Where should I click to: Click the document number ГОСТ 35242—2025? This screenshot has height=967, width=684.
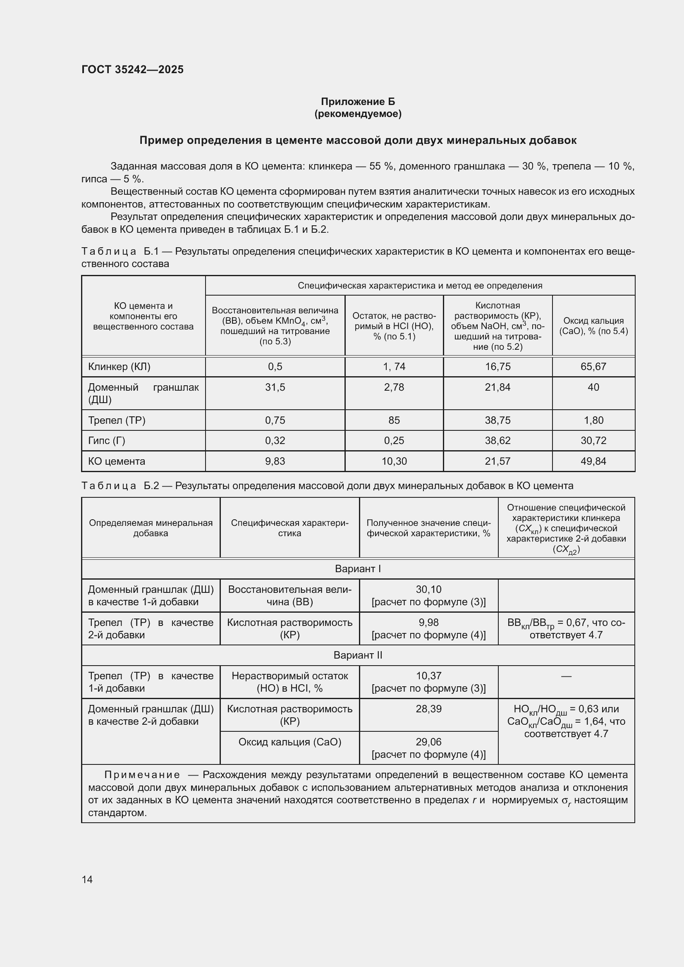coord(133,69)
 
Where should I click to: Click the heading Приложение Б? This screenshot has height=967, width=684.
coord(358,102)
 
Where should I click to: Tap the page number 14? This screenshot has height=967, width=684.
coord(87,879)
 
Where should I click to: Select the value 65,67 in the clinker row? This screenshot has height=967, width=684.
coord(593,366)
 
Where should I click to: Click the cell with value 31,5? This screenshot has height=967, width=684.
coord(275,387)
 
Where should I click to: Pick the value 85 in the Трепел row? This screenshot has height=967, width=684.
coord(394,420)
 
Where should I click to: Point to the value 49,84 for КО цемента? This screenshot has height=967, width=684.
coord(593,461)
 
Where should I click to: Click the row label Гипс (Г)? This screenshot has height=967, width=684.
coord(107,441)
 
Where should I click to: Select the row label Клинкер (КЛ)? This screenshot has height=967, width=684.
coord(119,366)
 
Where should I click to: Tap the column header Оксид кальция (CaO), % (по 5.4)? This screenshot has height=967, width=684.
coord(593,325)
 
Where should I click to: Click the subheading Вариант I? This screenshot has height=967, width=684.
coord(358,568)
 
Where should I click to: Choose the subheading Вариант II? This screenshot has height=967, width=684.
coord(358,655)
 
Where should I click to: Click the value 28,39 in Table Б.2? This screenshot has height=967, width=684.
coord(428,709)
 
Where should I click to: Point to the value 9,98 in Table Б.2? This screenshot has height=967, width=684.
coord(428,623)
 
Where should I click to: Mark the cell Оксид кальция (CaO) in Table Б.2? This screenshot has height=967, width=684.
coord(290,742)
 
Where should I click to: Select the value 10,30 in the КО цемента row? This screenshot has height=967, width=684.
coord(394,461)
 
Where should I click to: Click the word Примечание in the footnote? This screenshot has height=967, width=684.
coord(142,775)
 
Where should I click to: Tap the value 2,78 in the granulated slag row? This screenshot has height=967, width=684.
coord(394,387)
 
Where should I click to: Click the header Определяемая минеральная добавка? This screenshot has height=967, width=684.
coord(151,528)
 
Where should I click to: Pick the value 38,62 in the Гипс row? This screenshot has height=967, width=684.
coord(497,441)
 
